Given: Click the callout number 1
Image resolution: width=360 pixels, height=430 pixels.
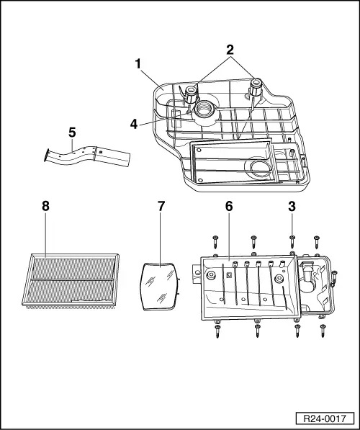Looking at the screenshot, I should [137, 63].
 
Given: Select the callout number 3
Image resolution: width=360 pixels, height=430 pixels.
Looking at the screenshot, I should [292, 206].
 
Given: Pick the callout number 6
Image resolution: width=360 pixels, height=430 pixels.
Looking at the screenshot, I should [229, 206].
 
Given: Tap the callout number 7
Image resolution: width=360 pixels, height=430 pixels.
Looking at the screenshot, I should [161, 206].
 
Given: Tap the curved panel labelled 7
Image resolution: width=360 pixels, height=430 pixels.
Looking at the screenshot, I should [160, 286].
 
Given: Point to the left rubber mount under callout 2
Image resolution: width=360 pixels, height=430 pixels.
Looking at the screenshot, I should [192, 92].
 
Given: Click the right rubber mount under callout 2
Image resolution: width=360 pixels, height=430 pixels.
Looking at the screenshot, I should [256, 89].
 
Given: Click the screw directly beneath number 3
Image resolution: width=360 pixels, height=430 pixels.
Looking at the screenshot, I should [292, 241].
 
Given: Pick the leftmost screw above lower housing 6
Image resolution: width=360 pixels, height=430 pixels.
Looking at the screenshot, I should [215, 241].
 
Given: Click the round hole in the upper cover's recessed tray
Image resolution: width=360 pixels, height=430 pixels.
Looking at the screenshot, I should [257, 170].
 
